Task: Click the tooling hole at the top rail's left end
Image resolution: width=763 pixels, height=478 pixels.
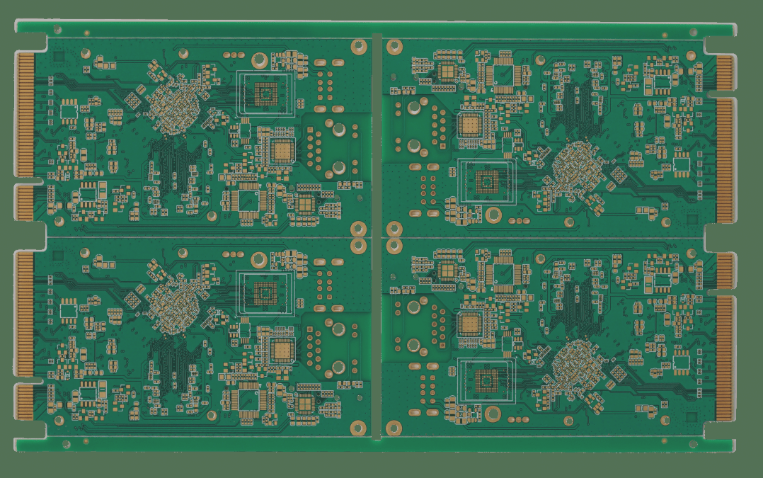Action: point(57,29)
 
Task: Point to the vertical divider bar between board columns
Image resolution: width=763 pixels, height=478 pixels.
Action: point(377,237)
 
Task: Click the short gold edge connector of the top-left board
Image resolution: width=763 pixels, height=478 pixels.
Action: point(25,203)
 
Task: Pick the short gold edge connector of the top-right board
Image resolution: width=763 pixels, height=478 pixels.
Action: point(725,73)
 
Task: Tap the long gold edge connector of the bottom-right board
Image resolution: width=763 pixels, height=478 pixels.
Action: point(724,358)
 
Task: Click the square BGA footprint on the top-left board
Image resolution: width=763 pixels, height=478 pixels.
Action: point(266,93)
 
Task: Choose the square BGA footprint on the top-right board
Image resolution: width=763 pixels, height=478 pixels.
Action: point(486,181)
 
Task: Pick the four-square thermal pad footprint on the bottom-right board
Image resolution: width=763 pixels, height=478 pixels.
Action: point(449,269)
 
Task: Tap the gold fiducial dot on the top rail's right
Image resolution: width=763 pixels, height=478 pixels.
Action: point(665,34)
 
